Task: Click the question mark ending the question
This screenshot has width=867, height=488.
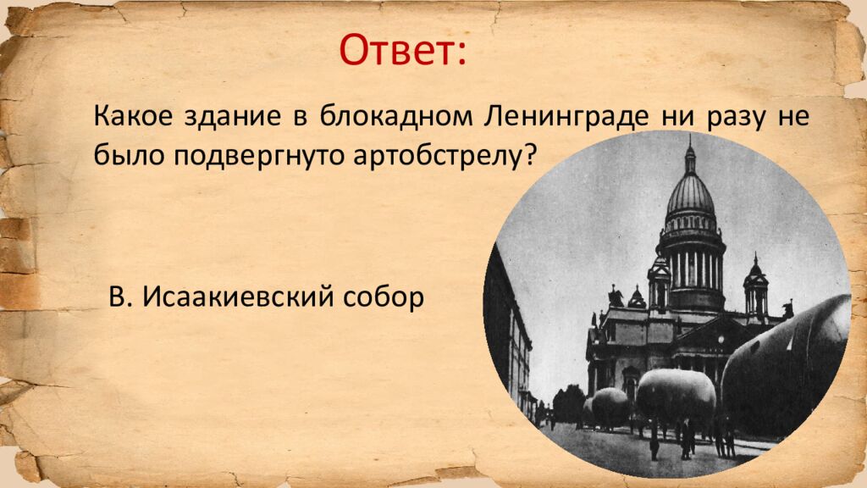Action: tap(531, 154)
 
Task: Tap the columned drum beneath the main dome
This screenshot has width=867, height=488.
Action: tap(692, 267)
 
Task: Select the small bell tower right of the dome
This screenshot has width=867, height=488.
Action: tap(755, 288)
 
